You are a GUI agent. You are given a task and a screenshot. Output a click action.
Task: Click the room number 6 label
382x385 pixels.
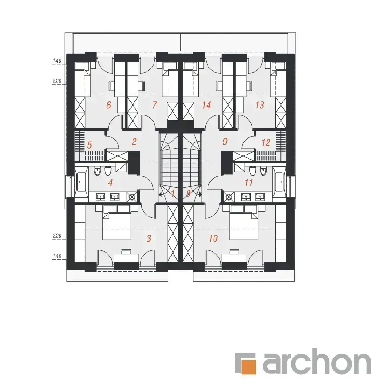108,105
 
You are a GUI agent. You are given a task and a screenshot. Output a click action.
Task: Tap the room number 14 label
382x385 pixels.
206,105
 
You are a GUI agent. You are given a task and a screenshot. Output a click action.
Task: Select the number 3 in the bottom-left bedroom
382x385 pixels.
149,238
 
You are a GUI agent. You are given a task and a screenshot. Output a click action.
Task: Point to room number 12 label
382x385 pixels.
266,142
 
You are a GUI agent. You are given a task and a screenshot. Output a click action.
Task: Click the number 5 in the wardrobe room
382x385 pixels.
89,145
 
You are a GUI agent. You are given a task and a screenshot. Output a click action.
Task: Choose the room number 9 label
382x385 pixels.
225,142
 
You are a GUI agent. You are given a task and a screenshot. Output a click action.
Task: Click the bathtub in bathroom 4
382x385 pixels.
81,182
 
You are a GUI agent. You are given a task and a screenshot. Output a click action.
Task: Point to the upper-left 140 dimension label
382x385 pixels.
57,61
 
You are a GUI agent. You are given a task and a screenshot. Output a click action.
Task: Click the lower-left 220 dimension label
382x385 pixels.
57,236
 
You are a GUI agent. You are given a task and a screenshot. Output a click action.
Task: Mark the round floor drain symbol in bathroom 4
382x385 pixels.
132,196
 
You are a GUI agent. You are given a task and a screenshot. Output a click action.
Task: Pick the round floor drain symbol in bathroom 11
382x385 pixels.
228,196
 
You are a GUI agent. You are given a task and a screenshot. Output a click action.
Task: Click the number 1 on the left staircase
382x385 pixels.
173,194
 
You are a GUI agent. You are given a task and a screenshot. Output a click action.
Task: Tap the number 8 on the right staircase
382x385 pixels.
188,194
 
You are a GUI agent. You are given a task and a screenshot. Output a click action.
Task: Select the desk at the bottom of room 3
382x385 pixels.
127,258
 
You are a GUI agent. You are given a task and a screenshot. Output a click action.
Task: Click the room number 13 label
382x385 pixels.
260,105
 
